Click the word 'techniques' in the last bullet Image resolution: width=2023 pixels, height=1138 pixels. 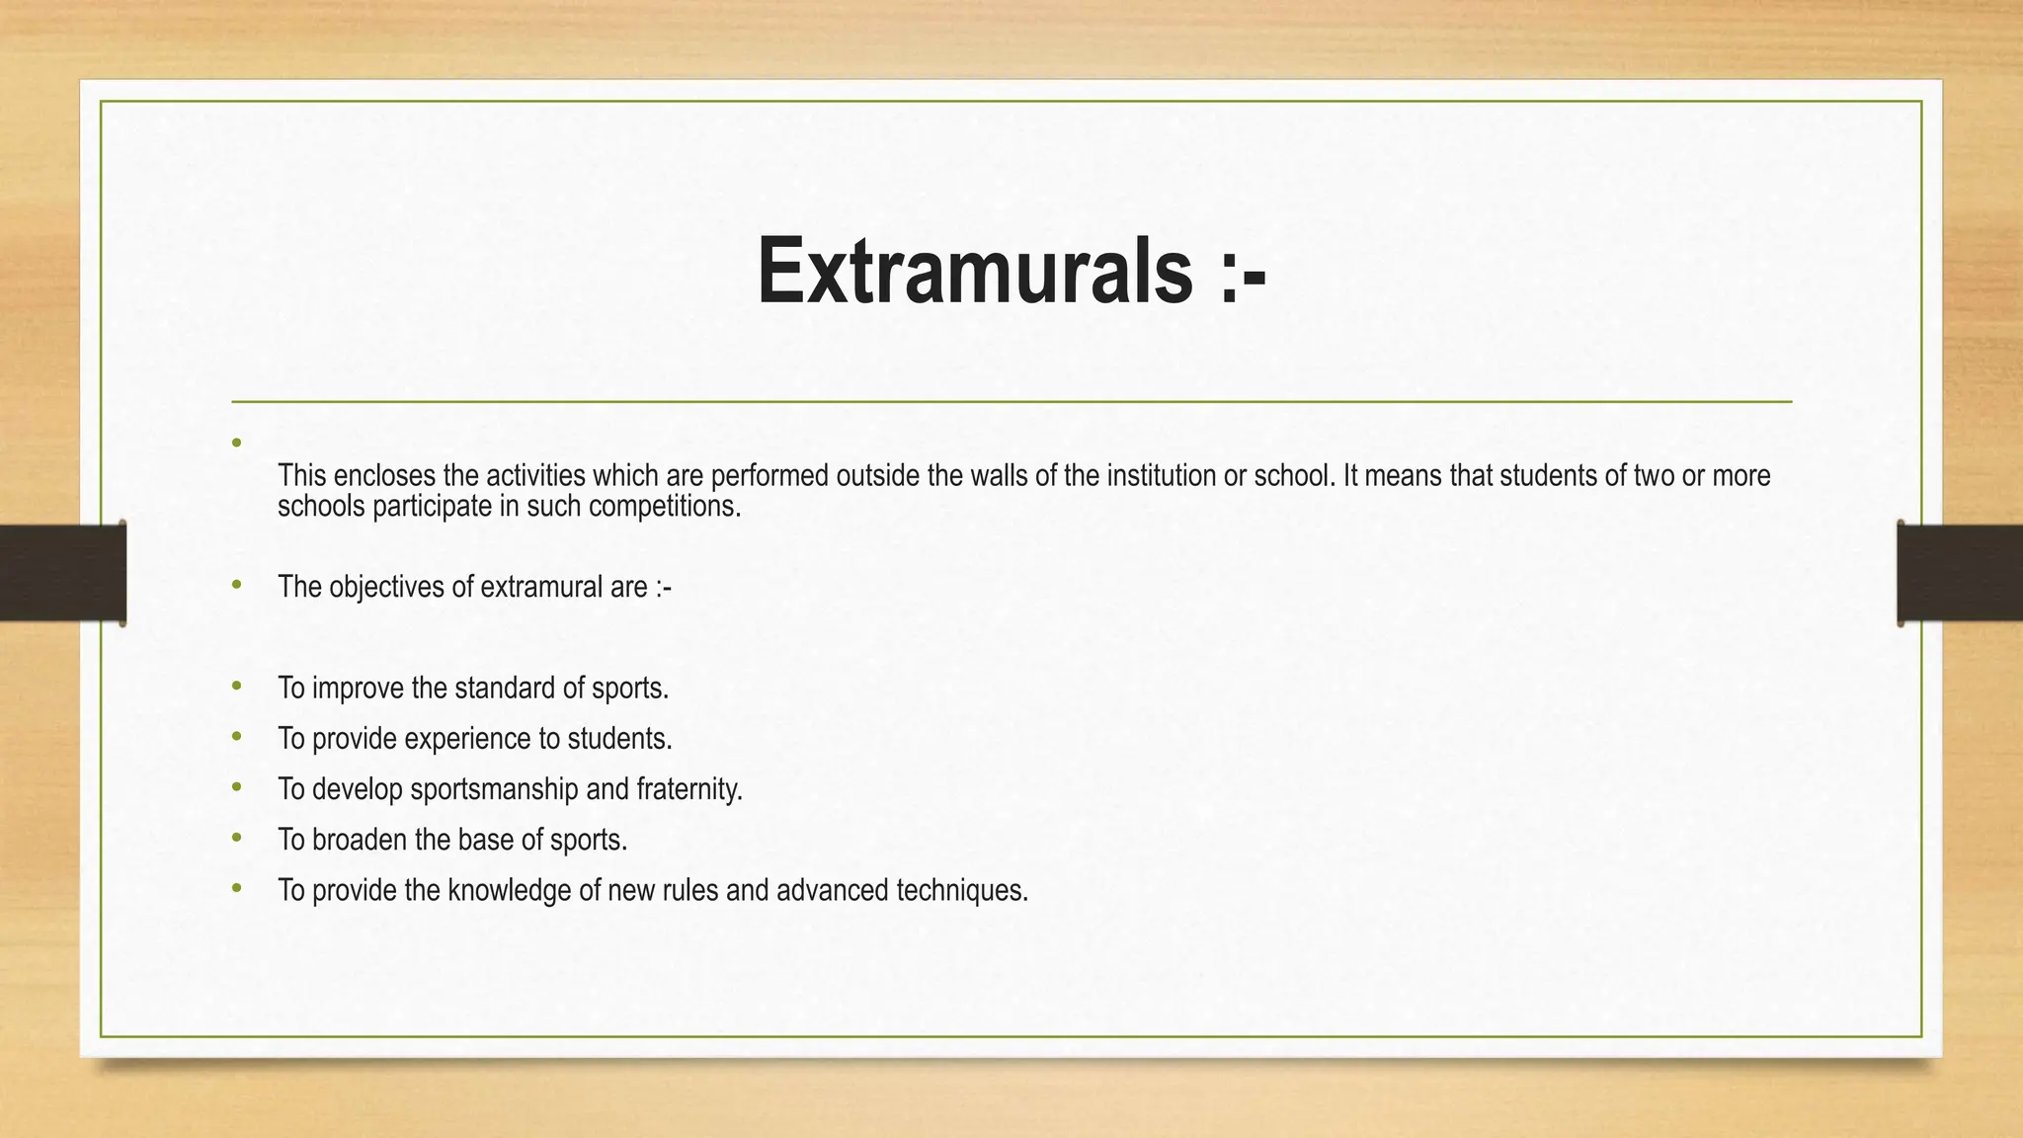pos(960,891)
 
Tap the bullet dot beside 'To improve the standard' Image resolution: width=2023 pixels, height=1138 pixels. pos(236,686)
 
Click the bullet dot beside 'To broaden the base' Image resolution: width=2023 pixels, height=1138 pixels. pos(236,838)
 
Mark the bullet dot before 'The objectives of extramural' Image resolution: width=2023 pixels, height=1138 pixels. pos(236,585)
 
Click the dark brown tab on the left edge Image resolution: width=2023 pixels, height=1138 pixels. pos(62,573)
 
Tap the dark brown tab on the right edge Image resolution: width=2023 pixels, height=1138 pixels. pos(1960,573)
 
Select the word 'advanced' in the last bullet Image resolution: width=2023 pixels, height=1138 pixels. pos(833,891)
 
